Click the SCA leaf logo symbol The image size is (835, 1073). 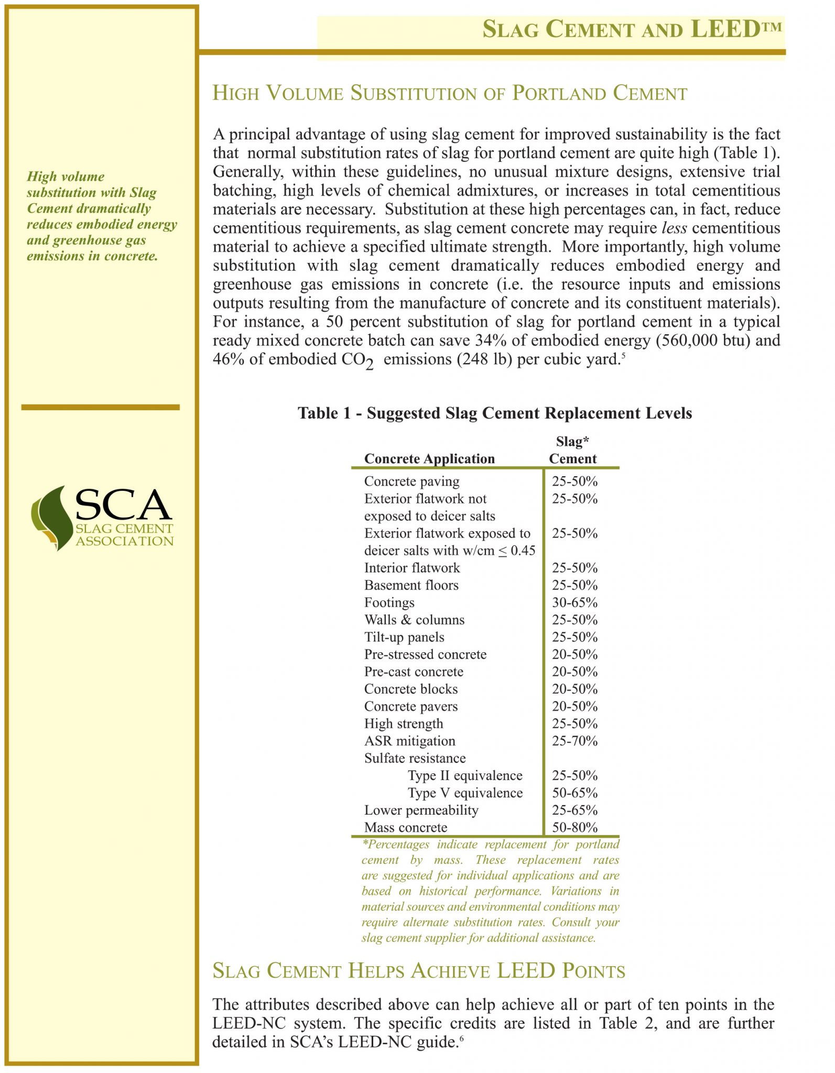pyautogui.click(x=51, y=517)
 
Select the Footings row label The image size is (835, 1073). pyautogui.click(x=389, y=603)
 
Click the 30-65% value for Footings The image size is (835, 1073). pyautogui.click(x=574, y=603)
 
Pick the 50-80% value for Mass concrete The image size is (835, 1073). pyautogui.click(x=574, y=827)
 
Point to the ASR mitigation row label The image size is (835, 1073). pyautogui.click(x=409, y=741)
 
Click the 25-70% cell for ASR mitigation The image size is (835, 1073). pyautogui.click(x=574, y=741)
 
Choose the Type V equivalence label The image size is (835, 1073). pyautogui.click(x=465, y=793)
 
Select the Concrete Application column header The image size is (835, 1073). pyautogui.click(x=429, y=459)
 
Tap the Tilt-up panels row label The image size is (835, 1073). pyautogui.click(x=404, y=637)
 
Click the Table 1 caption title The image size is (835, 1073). pyautogui.click(x=494, y=413)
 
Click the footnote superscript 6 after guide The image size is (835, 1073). pyautogui.click(x=462, y=1037)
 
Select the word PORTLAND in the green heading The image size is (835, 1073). pyautogui.click(x=559, y=94)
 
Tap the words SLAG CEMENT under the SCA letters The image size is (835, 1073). pyautogui.click(x=124, y=529)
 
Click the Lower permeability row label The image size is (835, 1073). pyautogui.click(x=421, y=810)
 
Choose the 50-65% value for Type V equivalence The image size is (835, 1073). pyautogui.click(x=574, y=793)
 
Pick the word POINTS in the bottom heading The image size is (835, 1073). pyautogui.click(x=593, y=971)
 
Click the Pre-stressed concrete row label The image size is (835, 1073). pyautogui.click(x=425, y=654)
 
